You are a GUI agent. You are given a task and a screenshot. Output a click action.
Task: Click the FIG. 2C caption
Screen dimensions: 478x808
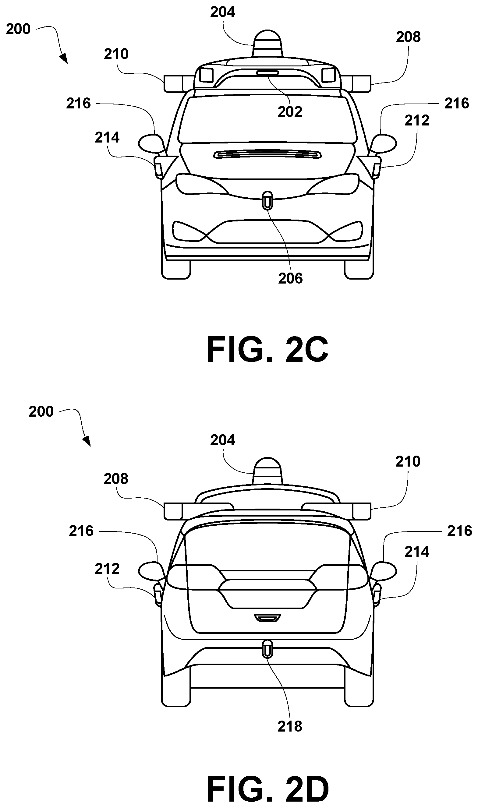click(267, 349)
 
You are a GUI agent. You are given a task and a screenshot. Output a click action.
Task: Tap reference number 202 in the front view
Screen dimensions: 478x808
click(290, 112)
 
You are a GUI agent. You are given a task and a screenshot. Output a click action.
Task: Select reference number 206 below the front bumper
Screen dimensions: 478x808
click(290, 278)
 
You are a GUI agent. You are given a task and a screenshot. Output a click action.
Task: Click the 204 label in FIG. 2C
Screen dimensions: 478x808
click(223, 12)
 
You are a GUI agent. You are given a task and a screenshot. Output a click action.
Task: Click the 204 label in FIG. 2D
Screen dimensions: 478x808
click(223, 440)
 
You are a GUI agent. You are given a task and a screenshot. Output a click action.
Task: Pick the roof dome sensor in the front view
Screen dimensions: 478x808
click(267, 44)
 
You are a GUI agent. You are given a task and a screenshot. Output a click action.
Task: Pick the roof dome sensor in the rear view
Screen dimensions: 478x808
click(267, 471)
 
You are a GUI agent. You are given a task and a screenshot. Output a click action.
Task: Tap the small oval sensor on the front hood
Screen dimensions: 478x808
click(267, 200)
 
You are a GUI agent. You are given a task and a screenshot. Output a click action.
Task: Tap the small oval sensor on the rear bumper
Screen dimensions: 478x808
click(267, 649)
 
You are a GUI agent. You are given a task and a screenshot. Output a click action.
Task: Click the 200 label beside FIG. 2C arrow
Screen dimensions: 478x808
click(18, 29)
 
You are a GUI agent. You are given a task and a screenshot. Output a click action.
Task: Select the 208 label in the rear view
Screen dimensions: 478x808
click(116, 479)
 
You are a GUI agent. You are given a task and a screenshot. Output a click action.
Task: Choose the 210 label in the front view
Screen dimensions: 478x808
click(116, 54)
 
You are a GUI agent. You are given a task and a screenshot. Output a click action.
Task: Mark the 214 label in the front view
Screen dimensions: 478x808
click(107, 138)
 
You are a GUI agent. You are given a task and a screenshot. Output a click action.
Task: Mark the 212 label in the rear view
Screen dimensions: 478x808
click(107, 569)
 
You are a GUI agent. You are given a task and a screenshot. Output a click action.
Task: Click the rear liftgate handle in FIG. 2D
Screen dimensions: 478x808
click(267, 618)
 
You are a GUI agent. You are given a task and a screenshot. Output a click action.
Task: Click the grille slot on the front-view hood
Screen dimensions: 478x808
click(267, 154)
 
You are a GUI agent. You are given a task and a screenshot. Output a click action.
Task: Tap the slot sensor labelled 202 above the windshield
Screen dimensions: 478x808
click(267, 73)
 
